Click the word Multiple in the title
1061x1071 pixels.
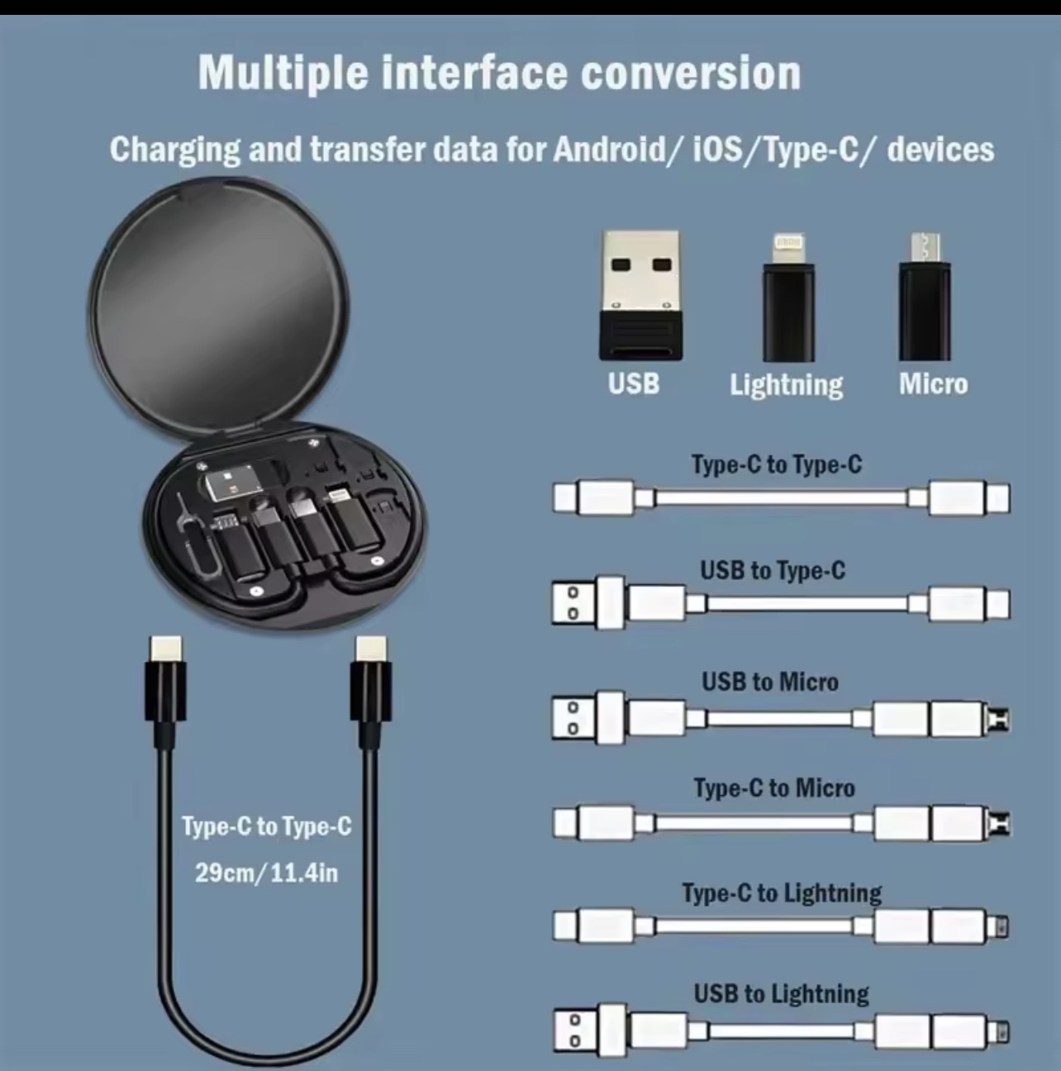tap(283, 74)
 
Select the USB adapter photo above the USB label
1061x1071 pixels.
tap(641, 296)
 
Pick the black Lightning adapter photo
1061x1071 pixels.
tap(788, 297)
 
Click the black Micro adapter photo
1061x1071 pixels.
tap(925, 297)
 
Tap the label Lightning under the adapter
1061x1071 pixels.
tap(786, 385)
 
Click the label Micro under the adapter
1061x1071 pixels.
tap(934, 384)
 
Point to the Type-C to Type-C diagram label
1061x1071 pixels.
tap(777, 464)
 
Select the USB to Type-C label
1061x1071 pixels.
tap(773, 571)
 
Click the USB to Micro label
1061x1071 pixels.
tap(770, 682)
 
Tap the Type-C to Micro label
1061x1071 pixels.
tap(774, 788)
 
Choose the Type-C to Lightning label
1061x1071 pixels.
tap(782, 893)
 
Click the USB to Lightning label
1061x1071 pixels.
tap(782, 994)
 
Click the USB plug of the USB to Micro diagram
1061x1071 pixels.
tap(588, 717)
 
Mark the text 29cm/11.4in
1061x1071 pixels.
tap(266, 873)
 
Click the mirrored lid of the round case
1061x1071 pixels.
tap(218, 303)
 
